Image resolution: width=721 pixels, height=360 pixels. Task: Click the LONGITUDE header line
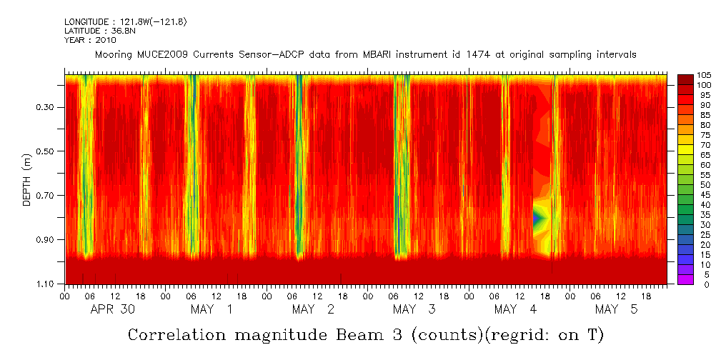click(126, 22)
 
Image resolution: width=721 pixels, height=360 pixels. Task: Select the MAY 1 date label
click(212, 309)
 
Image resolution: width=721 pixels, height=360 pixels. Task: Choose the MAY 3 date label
click(414, 309)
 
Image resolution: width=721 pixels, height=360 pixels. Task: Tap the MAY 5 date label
click(616, 309)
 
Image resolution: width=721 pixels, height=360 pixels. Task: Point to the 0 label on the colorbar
click(698, 284)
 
